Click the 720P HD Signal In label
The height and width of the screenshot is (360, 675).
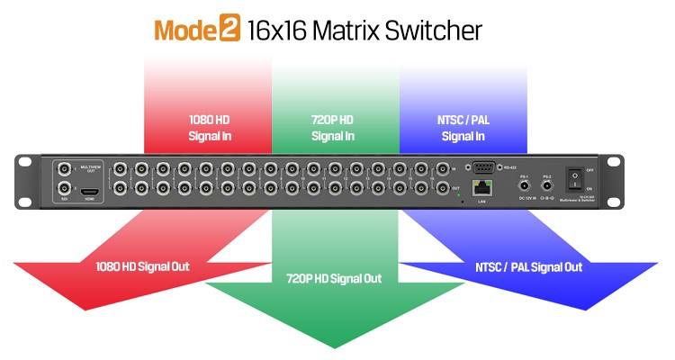[x=333, y=127]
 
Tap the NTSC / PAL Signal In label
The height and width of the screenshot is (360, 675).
[x=463, y=127]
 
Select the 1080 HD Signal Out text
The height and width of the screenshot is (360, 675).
[x=142, y=266]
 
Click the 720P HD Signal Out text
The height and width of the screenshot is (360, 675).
[x=333, y=278]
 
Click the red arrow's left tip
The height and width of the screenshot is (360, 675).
[x=13, y=264]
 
